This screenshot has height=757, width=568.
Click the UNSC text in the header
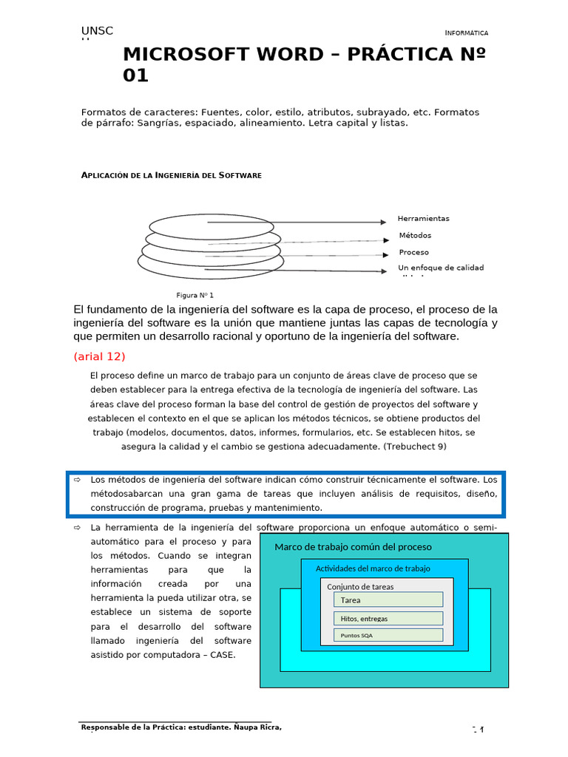pos(97,30)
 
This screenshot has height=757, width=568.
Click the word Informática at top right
pos(467,33)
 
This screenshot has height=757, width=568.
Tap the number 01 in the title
pos(135,75)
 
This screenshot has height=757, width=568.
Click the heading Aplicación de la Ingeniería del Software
pos(171,175)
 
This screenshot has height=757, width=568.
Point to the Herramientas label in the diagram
pos(423,219)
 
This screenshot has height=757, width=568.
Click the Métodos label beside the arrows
pos(415,236)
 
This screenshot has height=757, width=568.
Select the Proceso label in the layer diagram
pos(413,253)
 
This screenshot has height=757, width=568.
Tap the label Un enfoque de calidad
pos(441,268)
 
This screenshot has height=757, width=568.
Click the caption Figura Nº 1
pos(195,295)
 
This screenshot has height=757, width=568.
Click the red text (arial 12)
pos(100,356)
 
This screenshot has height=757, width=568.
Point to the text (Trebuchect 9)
pos(405,447)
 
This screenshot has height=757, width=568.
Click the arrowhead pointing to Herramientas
pos(383,222)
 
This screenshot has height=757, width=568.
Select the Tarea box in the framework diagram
pos(388,600)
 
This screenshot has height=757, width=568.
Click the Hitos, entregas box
pos(388,618)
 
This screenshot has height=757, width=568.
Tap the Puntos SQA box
pos(388,635)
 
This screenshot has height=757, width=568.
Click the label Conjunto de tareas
pos(360,586)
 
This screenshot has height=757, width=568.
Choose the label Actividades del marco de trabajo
pos(373,568)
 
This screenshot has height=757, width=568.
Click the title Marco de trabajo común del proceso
pos(353,547)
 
